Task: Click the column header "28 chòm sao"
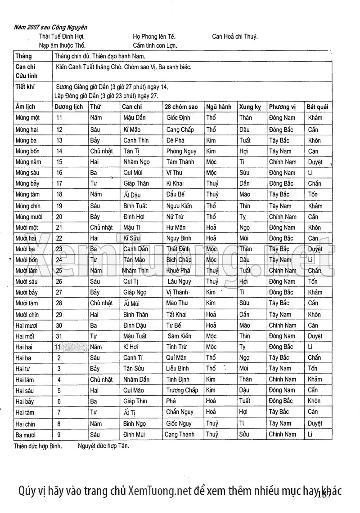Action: pyautogui.click(x=182, y=107)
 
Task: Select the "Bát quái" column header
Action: pyautogui.click(x=317, y=107)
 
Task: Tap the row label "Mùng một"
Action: pyautogui.click(x=27, y=118)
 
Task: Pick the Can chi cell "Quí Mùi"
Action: pyautogui.click(x=134, y=173)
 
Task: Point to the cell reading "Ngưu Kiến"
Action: pyautogui.click(x=179, y=206)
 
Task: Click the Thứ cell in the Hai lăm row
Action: pyautogui.click(x=101, y=379)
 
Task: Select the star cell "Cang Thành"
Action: pyautogui.click(x=180, y=434)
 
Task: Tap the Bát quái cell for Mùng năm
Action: pyautogui.click(x=315, y=162)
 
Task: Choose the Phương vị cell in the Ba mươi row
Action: pyautogui.click(x=283, y=434)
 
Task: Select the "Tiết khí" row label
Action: pyautogui.click(x=25, y=87)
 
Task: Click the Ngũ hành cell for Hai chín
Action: pyautogui.click(x=212, y=423)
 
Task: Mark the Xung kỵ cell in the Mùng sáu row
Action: pyautogui.click(x=245, y=173)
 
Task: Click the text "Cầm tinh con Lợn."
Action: pyautogui.click(x=155, y=45)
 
